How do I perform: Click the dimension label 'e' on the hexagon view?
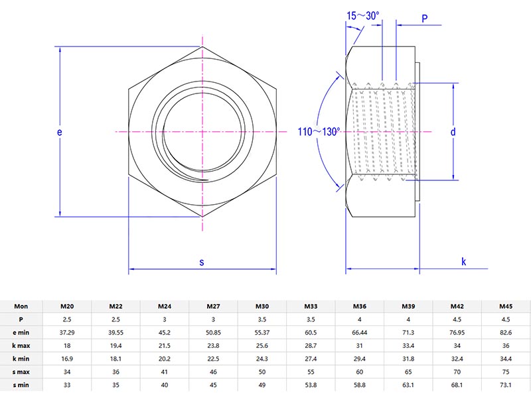(60, 132)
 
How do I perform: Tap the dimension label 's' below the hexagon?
(202, 262)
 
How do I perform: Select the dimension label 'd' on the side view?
(453, 132)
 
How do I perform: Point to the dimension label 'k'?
(463, 262)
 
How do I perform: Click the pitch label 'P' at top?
(424, 19)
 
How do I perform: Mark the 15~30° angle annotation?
(362, 15)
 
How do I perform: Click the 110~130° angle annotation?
(318, 132)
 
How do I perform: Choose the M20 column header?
(67, 306)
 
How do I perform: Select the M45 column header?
(506, 306)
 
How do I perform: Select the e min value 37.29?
(67, 332)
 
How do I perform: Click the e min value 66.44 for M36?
(360, 332)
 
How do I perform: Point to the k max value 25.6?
(262, 345)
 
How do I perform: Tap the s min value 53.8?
(311, 384)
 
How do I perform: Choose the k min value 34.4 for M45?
(506, 359)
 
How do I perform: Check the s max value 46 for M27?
(214, 371)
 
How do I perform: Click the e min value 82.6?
(506, 332)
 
